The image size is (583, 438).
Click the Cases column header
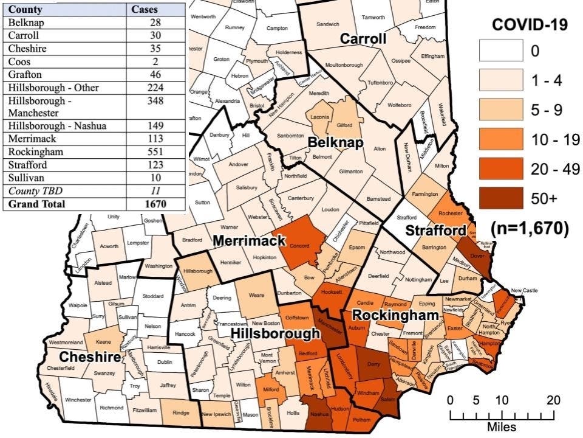point(145,10)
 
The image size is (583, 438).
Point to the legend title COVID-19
point(529,25)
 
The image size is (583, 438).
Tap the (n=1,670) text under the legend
point(529,228)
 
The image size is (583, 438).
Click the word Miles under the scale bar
point(502,427)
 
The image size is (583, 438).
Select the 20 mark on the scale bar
point(553,400)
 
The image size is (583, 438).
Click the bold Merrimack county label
point(249,242)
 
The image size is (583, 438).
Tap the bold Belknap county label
point(335,143)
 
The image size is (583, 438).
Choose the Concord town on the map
point(301,245)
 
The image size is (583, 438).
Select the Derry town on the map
point(373,364)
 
